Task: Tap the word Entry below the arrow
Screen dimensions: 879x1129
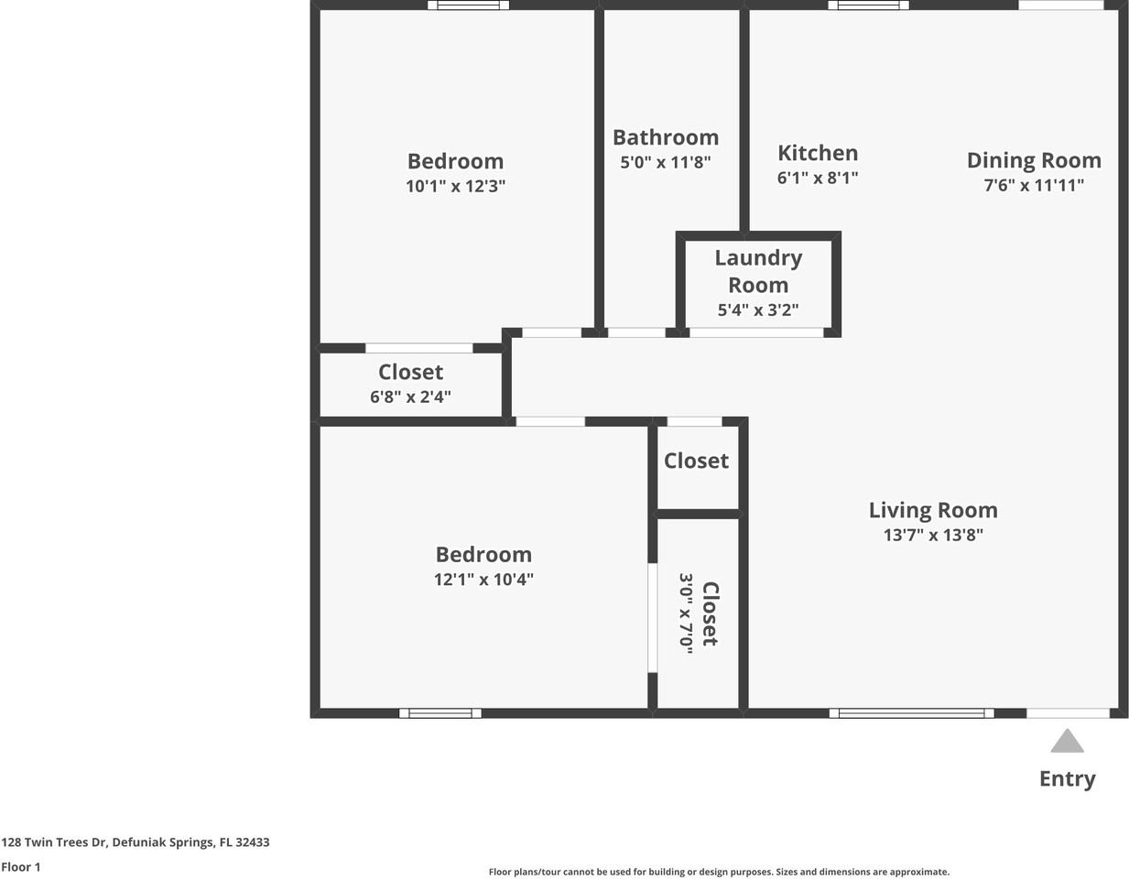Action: (1067, 779)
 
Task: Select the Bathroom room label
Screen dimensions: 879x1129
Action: (666, 137)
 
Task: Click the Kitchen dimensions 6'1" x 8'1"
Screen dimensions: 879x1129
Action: (818, 179)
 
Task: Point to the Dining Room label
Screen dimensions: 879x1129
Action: (1034, 160)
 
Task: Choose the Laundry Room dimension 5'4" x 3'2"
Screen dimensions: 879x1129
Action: (757, 310)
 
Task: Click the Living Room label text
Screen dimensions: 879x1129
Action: (933, 510)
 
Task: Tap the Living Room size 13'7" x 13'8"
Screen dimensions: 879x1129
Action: (933, 536)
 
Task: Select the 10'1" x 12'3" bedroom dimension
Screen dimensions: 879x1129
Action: (455, 187)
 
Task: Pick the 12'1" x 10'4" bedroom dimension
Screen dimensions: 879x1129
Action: (483, 580)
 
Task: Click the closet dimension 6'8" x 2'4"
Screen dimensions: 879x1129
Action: (410, 397)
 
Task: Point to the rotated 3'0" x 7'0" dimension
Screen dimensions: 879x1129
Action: (686, 611)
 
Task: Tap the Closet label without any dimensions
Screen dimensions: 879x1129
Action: (696, 461)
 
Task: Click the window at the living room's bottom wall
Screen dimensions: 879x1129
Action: (911, 713)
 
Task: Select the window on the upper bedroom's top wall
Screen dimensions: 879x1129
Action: (468, 5)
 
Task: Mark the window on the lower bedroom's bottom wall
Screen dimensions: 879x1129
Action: (440, 713)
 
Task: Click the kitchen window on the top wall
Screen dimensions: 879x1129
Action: (868, 5)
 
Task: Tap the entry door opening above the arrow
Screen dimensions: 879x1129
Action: (1068, 713)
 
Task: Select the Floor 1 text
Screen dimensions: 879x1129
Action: (21, 867)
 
